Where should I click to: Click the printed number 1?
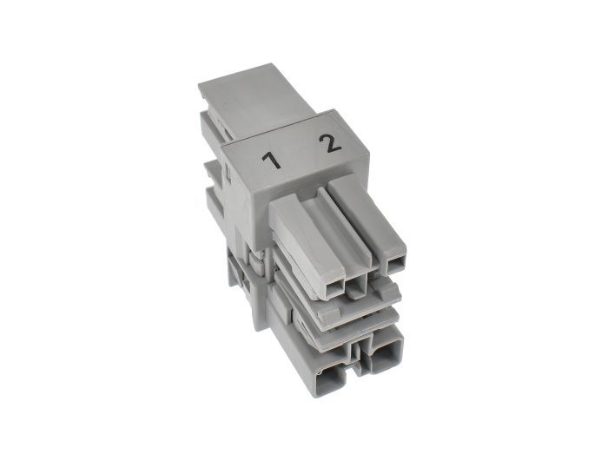[x=272, y=161]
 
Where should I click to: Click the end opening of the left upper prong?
[x=334, y=288]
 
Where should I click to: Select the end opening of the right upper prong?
[x=395, y=265]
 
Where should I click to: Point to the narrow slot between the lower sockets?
[x=356, y=352]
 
